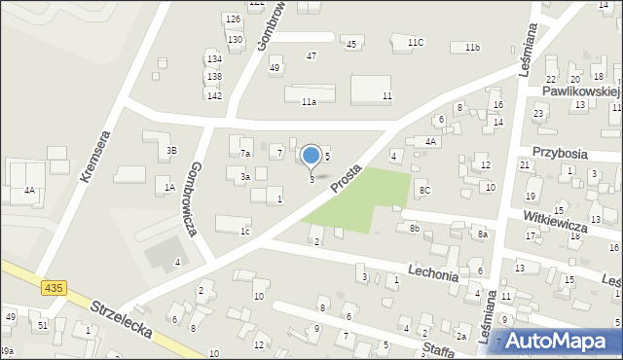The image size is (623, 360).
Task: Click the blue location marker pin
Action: tap(311, 156)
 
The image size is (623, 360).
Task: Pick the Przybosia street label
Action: tap(564, 153)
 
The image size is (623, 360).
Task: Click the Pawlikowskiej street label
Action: tap(581, 90)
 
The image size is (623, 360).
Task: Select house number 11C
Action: tap(416, 42)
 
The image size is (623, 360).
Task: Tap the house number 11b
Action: tap(472, 48)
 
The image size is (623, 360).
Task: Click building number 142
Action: tap(214, 94)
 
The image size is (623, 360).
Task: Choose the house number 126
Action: tap(232, 19)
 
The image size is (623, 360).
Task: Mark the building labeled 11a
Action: tap(309, 101)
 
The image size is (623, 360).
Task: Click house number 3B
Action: tap(171, 151)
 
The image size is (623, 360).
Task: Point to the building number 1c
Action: tap(246, 232)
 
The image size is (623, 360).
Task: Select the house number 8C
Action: tap(424, 190)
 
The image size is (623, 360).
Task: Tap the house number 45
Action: tap(351, 45)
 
